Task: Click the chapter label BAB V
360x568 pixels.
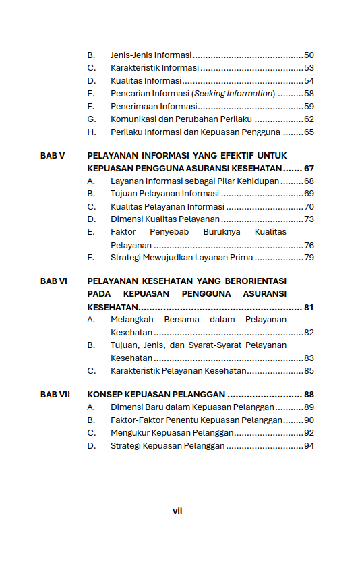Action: point(53,155)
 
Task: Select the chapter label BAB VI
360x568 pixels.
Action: point(54,281)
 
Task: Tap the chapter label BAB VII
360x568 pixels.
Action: point(55,395)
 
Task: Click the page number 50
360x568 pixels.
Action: point(309,55)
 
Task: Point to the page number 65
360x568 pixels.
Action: point(309,132)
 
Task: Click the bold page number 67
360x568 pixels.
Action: point(309,168)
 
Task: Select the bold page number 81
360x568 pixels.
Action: point(309,307)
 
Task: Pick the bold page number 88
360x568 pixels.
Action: point(309,395)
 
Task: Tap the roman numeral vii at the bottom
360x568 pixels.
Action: point(177,511)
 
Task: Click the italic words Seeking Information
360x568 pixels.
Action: point(234,94)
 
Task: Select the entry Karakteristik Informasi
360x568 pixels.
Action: point(154,68)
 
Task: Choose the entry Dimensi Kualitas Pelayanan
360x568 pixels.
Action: point(165,219)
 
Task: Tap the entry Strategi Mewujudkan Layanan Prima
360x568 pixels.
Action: point(181,258)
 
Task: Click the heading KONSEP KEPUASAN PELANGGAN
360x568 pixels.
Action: point(156,395)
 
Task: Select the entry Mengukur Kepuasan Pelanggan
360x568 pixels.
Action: point(172,433)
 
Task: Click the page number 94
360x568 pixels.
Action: point(309,446)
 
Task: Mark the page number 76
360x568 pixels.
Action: point(309,245)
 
